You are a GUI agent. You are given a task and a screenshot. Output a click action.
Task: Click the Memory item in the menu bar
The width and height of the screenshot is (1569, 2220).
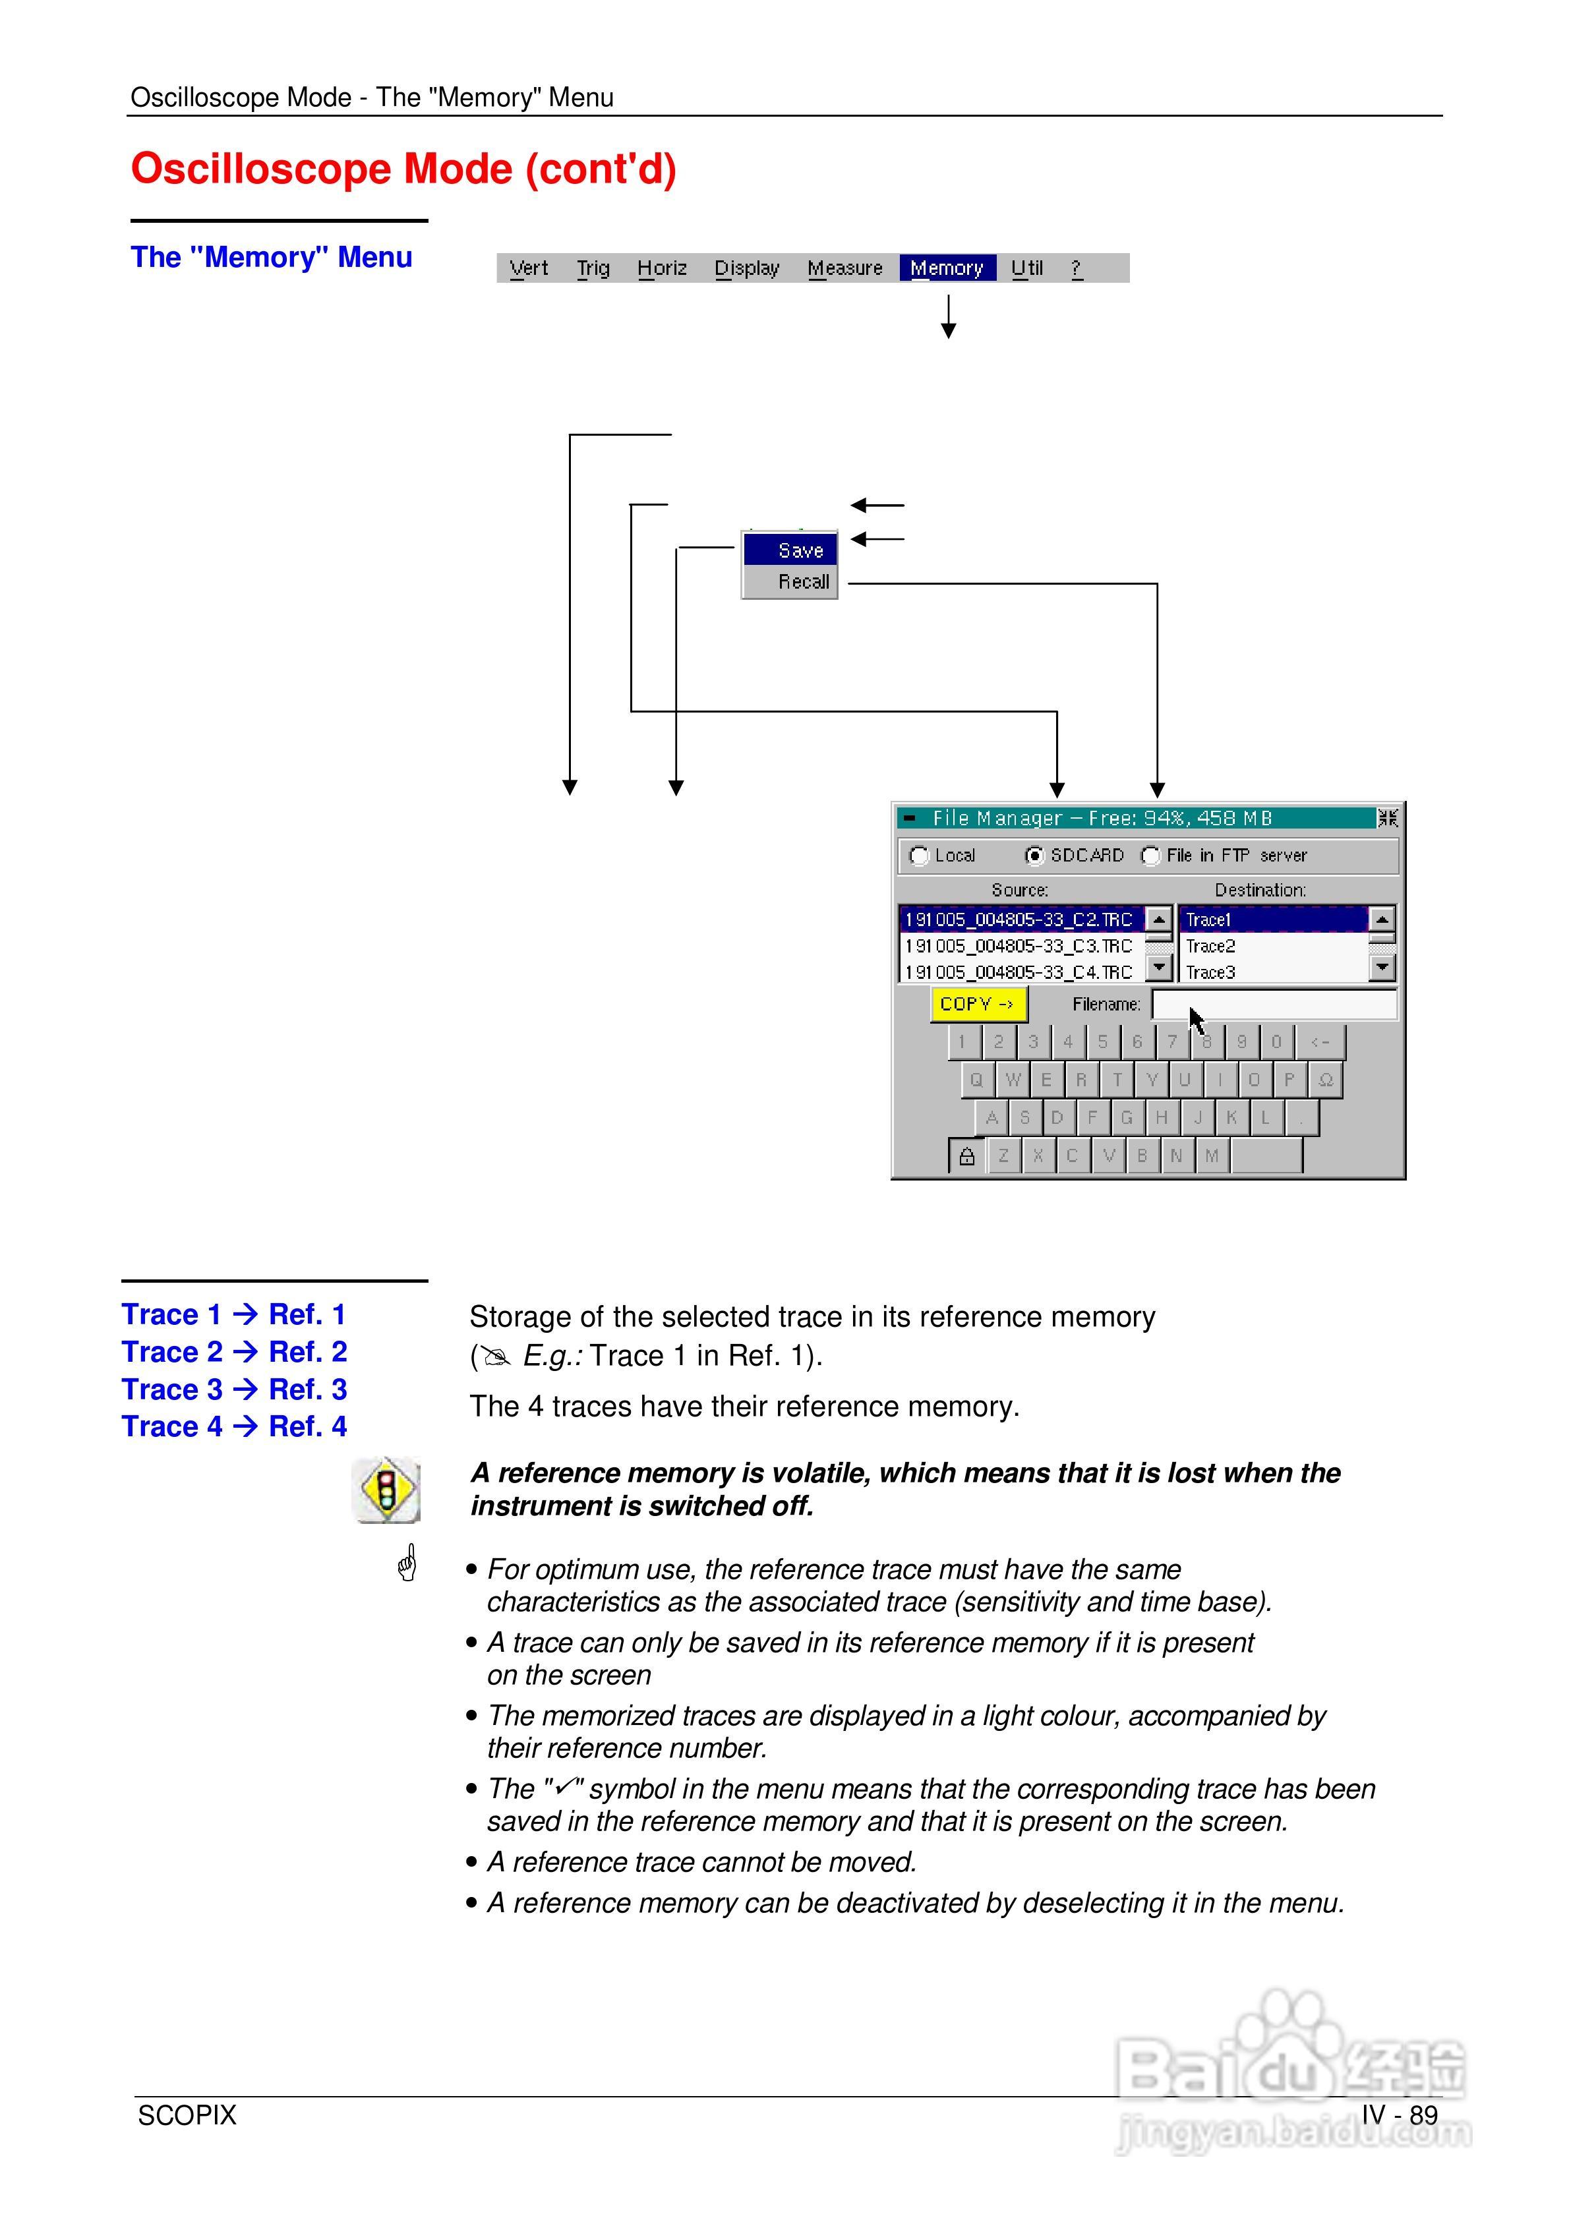[x=946, y=268]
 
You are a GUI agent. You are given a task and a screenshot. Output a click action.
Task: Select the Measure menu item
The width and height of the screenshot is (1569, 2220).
[x=844, y=268]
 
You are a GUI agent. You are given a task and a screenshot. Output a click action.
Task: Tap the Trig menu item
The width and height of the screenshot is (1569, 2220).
[x=593, y=268]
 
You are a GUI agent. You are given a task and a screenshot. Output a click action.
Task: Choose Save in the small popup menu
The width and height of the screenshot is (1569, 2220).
[x=800, y=550]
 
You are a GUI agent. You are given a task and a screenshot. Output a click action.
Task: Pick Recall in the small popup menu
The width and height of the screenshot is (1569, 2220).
[x=803, y=581]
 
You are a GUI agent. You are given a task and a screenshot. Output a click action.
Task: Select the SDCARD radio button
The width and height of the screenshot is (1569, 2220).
[x=1035, y=856]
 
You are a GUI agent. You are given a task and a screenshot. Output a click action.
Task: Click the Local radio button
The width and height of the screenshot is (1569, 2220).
[x=919, y=856]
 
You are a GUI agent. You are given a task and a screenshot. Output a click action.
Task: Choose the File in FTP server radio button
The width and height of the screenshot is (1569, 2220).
[x=1150, y=856]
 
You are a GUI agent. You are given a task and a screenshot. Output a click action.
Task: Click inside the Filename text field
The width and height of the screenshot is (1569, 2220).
[x=1274, y=1005]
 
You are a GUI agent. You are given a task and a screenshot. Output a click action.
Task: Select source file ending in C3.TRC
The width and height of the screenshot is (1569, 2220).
[x=1019, y=946]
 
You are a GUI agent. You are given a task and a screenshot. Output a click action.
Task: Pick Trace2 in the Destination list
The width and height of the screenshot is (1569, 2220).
[x=1211, y=946]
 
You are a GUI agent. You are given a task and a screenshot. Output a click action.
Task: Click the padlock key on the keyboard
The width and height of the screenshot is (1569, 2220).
[x=966, y=1155]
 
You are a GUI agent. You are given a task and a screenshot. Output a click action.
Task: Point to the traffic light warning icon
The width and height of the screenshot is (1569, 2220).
[x=386, y=1490]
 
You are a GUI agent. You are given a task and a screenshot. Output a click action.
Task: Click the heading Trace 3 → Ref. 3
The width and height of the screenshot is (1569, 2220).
[x=234, y=1389]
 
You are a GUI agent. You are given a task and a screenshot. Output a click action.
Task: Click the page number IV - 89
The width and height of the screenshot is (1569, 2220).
[x=1399, y=2115]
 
